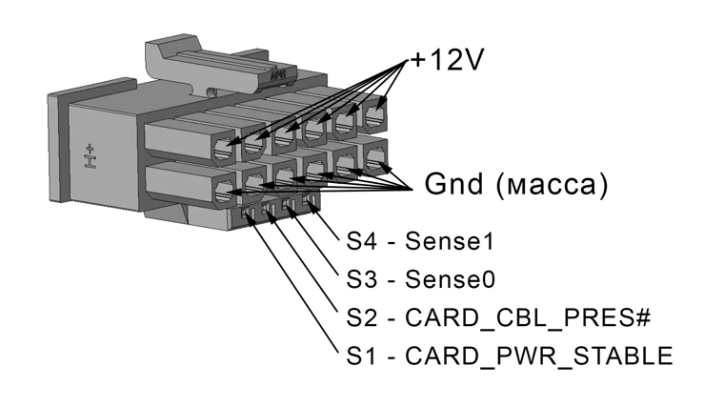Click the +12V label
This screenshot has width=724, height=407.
pos(447,62)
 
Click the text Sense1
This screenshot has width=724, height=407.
pos(450,240)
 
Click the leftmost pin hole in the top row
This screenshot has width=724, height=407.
pos(226,148)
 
